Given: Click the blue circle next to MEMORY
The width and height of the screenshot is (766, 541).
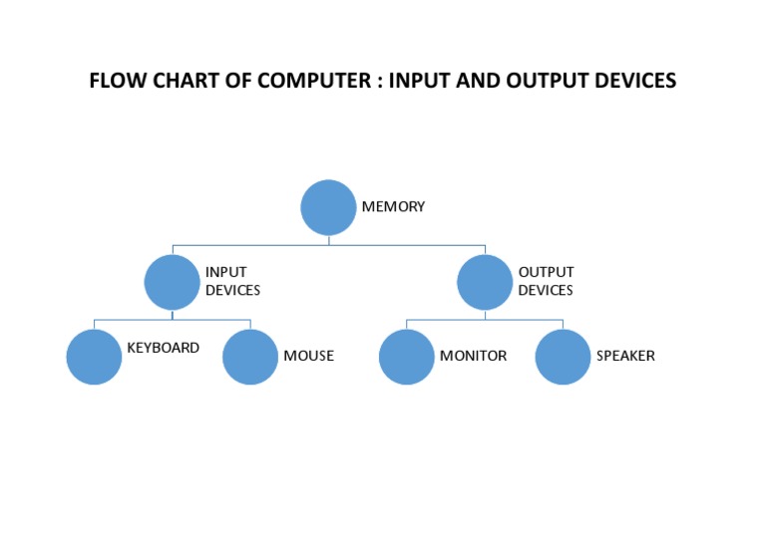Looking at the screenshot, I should click(x=328, y=207).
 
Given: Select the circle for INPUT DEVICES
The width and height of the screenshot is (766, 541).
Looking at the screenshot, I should click(x=172, y=282).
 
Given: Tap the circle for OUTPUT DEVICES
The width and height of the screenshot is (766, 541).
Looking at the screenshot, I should click(x=485, y=282).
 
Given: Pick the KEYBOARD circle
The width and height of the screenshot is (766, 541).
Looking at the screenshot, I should click(x=94, y=356).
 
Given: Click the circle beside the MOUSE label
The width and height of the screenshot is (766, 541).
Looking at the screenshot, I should click(x=250, y=356).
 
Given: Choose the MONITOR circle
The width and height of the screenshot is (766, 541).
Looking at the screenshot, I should click(x=407, y=356).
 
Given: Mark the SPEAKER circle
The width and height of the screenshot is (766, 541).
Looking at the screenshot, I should click(x=563, y=356).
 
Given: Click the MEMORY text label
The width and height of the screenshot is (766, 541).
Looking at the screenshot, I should click(x=393, y=207).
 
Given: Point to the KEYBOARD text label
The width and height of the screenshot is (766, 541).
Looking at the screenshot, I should click(x=163, y=349).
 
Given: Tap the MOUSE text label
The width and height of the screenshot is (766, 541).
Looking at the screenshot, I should click(x=308, y=356).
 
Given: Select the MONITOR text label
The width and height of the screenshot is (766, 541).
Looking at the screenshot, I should click(x=473, y=356).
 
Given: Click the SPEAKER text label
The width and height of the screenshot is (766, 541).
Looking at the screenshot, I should click(x=625, y=356).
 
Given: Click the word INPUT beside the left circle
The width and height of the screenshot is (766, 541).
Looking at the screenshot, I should click(x=225, y=272).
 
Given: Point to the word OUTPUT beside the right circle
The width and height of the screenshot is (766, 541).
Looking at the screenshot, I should click(x=546, y=272).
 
